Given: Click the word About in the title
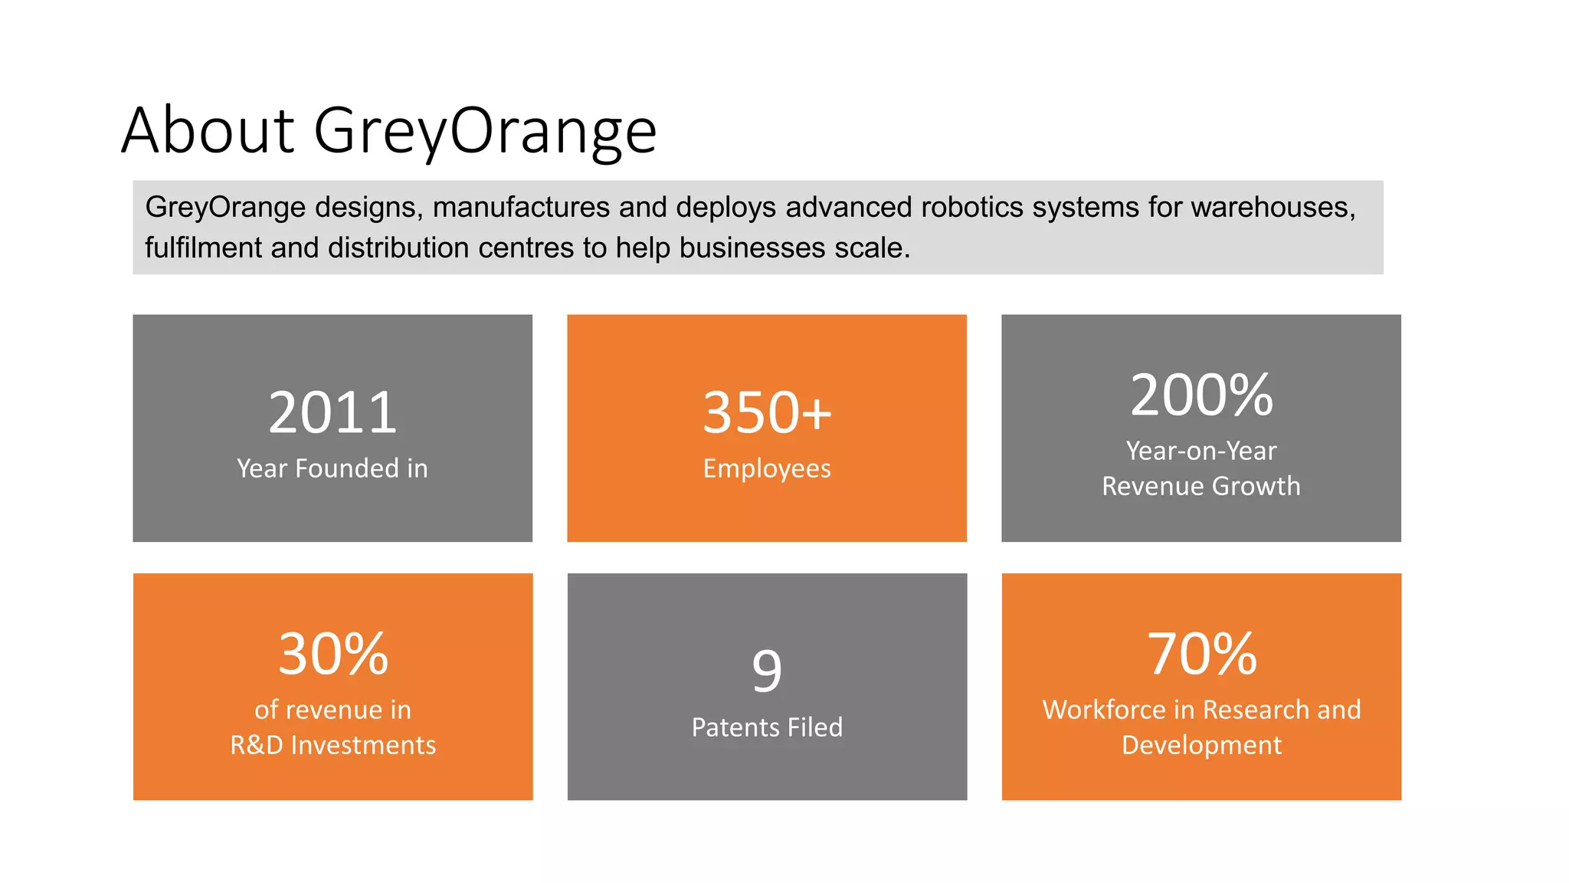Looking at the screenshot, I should click(x=208, y=130).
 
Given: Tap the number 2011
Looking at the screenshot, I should click(x=332, y=413).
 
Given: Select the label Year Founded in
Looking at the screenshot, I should click(x=332, y=468).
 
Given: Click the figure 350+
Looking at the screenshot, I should click(x=767, y=413).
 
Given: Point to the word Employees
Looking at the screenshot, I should click(x=767, y=468).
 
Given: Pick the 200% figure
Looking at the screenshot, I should click(x=1201, y=396).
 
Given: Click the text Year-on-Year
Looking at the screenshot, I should click(x=1201, y=451).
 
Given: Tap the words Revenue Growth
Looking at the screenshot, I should click(x=1201, y=486).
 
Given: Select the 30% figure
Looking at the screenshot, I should click(x=332, y=655).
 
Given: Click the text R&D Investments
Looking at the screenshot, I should click(x=332, y=745).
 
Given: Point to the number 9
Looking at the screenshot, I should click(x=767, y=671).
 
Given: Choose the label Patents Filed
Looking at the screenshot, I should click(x=767, y=727).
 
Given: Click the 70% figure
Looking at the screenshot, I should click(x=1201, y=655).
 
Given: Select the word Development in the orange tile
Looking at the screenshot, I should click(x=1201, y=745).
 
